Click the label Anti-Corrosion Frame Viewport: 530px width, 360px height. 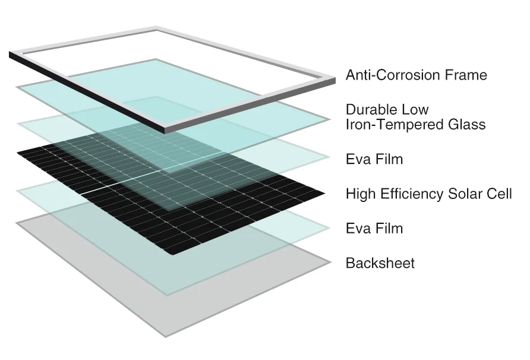pyautogui.click(x=416, y=75)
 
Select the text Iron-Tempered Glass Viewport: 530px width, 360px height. pyautogui.click(x=415, y=125)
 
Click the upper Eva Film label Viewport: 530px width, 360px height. pyautogui.click(x=374, y=159)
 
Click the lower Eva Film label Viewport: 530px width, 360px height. pyautogui.click(x=374, y=228)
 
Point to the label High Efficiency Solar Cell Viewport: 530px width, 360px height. pyautogui.click(x=428, y=194)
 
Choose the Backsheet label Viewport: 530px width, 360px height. pyautogui.click(x=380, y=263)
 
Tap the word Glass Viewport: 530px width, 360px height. pyautogui.click(x=466, y=125)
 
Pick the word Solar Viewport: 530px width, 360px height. pyautogui.click(x=466, y=194)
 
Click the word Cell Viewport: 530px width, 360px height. pyautogui.click(x=501, y=194)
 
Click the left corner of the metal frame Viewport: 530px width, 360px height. pyautogui.click(x=11, y=55)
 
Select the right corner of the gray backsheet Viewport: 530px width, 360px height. pyautogui.click(x=330, y=262)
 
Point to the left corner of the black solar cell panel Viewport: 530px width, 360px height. pyautogui.click(x=18, y=154)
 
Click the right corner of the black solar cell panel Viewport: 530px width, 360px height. pyautogui.click(x=324, y=193)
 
